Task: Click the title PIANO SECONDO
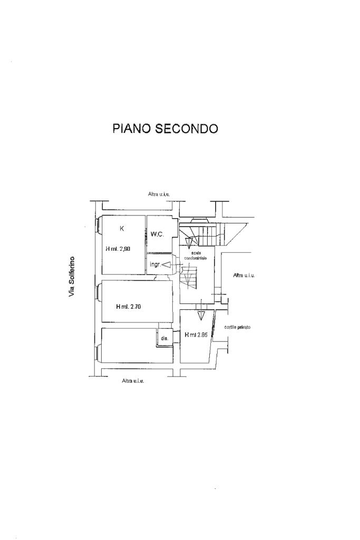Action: pos(165,129)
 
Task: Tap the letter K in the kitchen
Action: pos(122,229)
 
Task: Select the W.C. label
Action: pos(158,234)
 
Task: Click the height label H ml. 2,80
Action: pos(118,249)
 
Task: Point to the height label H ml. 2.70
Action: pos(128,306)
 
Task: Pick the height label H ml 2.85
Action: pos(196,334)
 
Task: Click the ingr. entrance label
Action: pos(155,264)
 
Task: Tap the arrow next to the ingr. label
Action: pos(166,264)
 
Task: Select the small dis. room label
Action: pos(164,338)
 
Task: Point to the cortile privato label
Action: pos(237,327)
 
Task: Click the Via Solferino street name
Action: pos(72,277)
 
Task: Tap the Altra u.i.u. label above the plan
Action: pos(159,194)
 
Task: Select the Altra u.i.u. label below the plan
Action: pos(133,381)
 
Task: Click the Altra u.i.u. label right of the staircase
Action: pos(244,276)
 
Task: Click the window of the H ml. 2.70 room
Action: pos(98,292)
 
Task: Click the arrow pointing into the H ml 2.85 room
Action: pos(201,316)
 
